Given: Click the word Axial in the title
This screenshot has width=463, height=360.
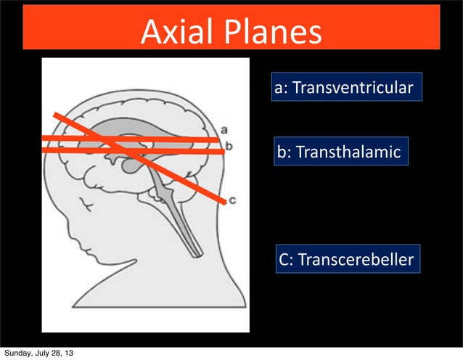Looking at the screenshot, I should point(179,31).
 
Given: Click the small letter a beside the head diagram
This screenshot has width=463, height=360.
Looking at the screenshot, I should point(225,129).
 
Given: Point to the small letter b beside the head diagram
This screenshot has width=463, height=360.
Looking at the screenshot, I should point(228,146).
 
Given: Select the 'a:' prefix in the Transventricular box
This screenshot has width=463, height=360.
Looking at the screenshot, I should point(282,89).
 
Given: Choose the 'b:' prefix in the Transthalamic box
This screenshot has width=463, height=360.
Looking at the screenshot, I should point(284,152).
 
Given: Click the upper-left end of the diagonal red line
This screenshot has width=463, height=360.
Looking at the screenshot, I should point(55,115).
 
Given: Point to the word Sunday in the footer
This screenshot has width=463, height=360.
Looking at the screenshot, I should point(18,353).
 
